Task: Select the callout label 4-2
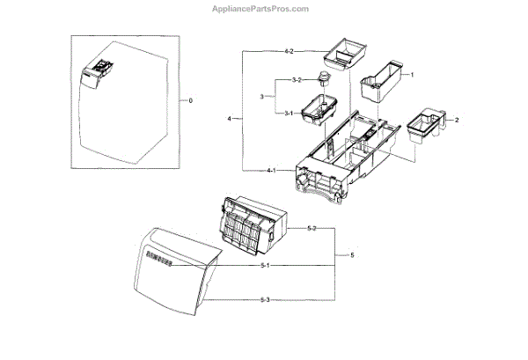289,52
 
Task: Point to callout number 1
411,75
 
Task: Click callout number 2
456,117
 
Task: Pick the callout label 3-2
297,80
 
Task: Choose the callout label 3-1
288,113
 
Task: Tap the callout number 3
262,96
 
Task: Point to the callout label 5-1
265,265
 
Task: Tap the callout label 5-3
265,300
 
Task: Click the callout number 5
352,255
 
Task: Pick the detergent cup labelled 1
378,84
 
